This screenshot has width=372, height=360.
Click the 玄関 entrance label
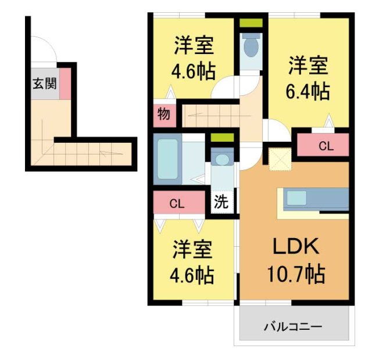(x=44, y=84)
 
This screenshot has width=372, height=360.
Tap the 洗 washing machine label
(x=221, y=203)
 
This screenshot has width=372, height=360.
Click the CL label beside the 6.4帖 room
(x=325, y=147)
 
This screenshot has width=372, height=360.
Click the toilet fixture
(x=251, y=46)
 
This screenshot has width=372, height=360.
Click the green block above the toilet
(x=251, y=24)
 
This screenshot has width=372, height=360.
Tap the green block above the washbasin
(x=221, y=138)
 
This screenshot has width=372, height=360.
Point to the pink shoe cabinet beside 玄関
(x=66, y=83)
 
